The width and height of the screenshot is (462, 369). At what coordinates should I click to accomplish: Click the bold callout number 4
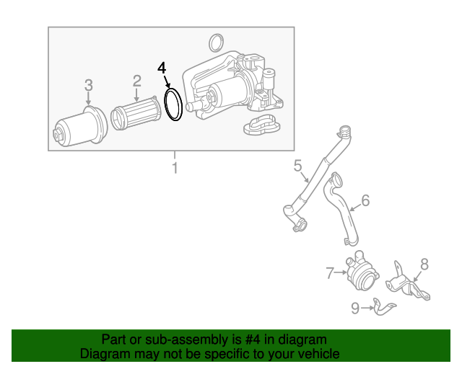point(162,68)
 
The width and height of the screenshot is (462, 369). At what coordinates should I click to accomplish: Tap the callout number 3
point(89,85)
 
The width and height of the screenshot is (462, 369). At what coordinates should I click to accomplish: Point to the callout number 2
point(136,81)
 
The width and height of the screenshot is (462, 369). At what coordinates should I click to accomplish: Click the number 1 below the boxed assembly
point(175,168)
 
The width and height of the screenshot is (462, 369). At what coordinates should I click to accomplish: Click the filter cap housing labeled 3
point(80,127)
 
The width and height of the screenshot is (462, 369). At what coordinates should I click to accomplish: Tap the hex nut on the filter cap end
point(58,134)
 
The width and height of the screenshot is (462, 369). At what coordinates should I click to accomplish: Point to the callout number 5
point(298,165)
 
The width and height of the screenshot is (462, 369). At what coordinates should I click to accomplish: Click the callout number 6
point(365,200)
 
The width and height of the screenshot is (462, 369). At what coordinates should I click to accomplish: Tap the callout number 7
point(330,272)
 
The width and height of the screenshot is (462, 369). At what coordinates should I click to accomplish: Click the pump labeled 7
point(362,271)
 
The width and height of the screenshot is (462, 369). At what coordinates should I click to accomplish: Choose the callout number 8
point(424,264)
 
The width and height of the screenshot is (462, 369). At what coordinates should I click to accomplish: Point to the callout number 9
point(355,308)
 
